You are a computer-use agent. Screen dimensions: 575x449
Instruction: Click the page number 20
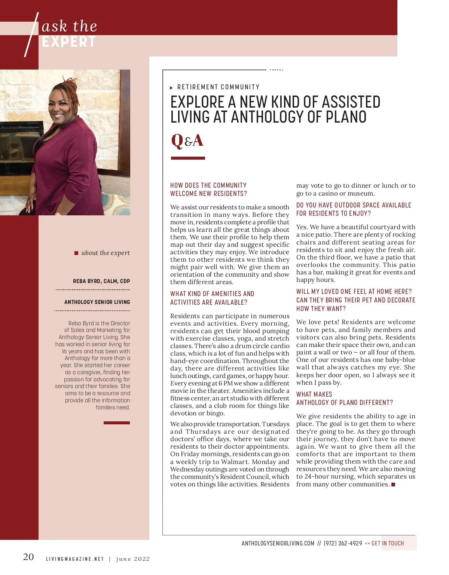point(28,557)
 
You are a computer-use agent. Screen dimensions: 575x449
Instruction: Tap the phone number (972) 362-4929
point(343,543)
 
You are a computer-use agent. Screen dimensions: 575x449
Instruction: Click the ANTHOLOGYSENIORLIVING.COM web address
point(278,543)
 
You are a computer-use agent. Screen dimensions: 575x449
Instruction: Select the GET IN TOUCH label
point(388,543)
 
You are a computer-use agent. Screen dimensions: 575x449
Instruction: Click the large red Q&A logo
point(187,141)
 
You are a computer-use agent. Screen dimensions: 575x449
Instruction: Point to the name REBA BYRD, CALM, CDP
point(101,281)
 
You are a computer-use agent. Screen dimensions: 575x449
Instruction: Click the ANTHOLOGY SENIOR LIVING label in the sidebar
point(97,302)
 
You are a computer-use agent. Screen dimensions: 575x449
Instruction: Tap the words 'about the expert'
point(106,253)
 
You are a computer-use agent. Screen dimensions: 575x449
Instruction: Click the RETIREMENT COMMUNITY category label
point(218,87)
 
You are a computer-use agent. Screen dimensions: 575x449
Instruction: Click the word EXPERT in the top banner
point(69,42)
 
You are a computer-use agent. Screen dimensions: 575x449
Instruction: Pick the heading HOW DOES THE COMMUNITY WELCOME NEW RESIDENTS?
point(208,190)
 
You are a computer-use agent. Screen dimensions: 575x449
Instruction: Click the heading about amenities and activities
point(212,298)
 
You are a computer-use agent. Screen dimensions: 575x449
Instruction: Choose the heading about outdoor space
point(354,209)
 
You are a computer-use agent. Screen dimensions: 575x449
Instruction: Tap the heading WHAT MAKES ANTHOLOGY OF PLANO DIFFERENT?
point(344,399)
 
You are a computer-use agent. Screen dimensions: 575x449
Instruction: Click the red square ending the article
point(393,485)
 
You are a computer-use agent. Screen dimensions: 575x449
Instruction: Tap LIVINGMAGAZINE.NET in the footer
point(75,559)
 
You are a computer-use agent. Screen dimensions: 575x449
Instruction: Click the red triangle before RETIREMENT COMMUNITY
point(171,88)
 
